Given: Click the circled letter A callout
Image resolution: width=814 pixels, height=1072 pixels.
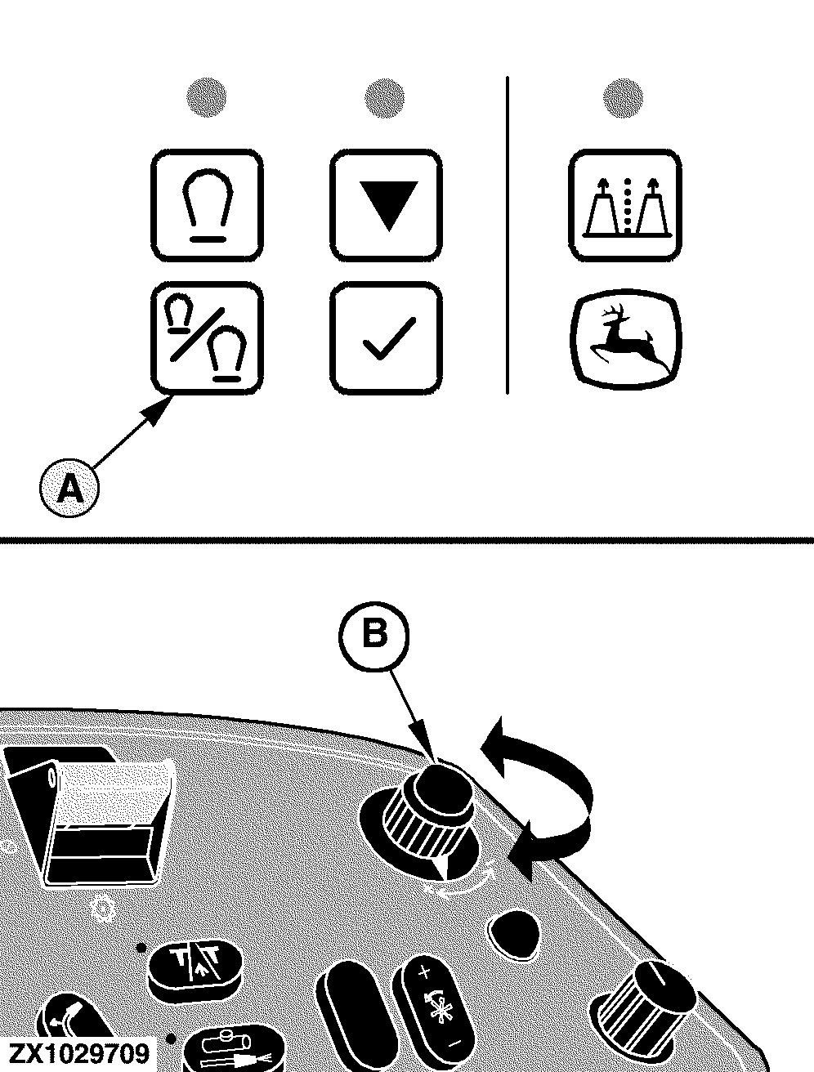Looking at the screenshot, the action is coord(69,488).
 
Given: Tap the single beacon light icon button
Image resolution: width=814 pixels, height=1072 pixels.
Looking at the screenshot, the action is coord(207,205).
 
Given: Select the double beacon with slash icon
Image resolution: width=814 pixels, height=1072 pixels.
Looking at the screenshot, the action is coord(207,338).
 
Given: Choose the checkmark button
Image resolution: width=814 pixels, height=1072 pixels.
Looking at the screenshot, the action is coord(387,338).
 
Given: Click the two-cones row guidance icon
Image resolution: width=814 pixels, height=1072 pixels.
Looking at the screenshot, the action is coord(625,205).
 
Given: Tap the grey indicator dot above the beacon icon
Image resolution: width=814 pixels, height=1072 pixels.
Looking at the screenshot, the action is coord(207,96).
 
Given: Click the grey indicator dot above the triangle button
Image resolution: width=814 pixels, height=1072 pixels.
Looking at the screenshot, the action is coord(385,97).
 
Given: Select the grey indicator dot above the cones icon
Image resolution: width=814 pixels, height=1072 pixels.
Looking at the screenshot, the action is coord(623,98).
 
